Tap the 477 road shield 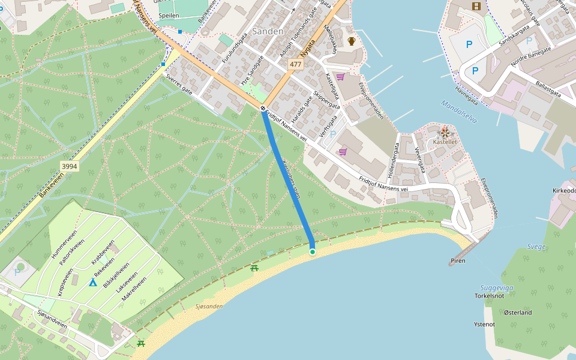(x=295, y=64)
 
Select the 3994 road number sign (x=70, y=166)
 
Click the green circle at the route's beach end (x=312, y=252)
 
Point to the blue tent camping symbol (x=93, y=282)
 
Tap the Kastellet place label (x=445, y=142)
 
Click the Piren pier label (x=458, y=261)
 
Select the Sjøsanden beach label (x=209, y=307)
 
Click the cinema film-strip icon (x=476, y=7)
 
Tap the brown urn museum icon (x=351, y=41)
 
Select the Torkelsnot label (x=488, y=296)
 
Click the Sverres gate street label (x=179, y=86)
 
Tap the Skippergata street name (x=326, y=100)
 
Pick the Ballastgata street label (x=557, y=90)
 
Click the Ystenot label (x=484, y=324)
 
